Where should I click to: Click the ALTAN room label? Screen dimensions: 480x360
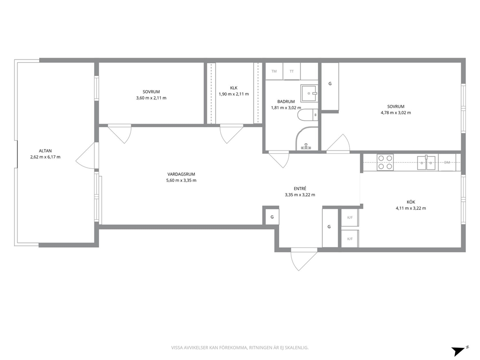45,150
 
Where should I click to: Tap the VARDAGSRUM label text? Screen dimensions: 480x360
181,174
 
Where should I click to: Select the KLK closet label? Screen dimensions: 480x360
234,88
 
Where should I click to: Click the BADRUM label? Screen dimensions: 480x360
286,102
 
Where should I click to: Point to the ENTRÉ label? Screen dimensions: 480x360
300,189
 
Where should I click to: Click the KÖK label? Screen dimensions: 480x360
411,202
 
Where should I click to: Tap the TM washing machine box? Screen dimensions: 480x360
274,71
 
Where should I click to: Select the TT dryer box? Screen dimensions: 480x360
291,71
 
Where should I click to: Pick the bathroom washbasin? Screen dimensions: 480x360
309,93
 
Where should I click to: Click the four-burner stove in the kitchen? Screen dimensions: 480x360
385,162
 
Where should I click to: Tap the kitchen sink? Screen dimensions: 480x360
426,162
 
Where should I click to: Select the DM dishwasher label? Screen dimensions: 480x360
447,163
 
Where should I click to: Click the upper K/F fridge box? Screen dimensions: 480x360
350,218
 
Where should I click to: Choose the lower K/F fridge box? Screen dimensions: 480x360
350,239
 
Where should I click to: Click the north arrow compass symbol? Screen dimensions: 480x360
459,351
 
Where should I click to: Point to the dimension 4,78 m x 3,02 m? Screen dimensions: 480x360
396,113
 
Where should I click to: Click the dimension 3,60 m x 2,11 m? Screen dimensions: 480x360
151,98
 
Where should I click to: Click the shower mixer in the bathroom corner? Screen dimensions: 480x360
306,146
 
